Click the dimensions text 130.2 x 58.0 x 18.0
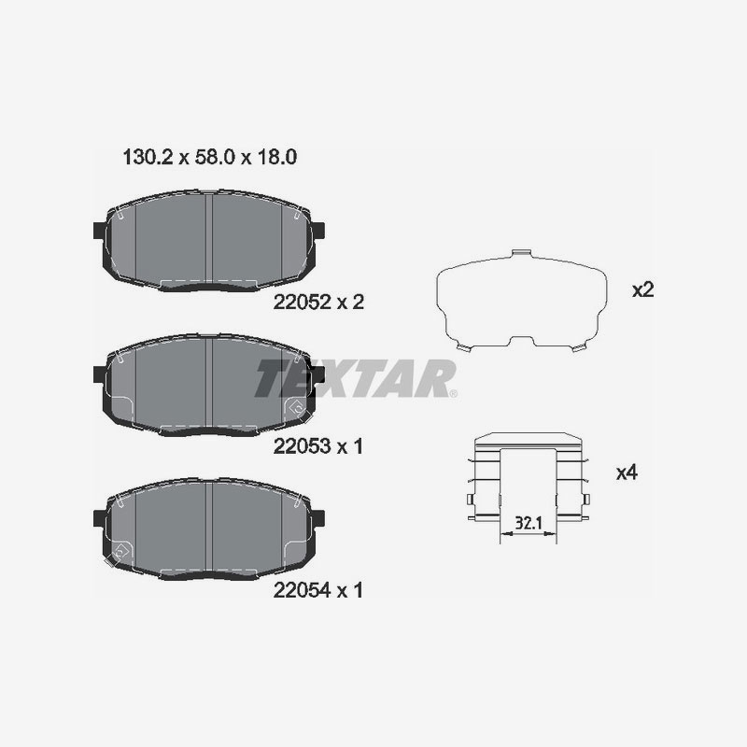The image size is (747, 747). pos(210,158)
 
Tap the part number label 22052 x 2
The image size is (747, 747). pos(317,302)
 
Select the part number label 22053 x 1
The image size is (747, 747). pos(317,446)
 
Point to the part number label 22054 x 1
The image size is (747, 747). pos(317,590)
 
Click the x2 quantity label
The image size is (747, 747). pos(641,289)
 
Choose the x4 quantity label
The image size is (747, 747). pos(627,473)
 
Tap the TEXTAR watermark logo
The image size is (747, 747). pos(356,378)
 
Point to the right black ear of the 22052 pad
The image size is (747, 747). pos(317,232)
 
